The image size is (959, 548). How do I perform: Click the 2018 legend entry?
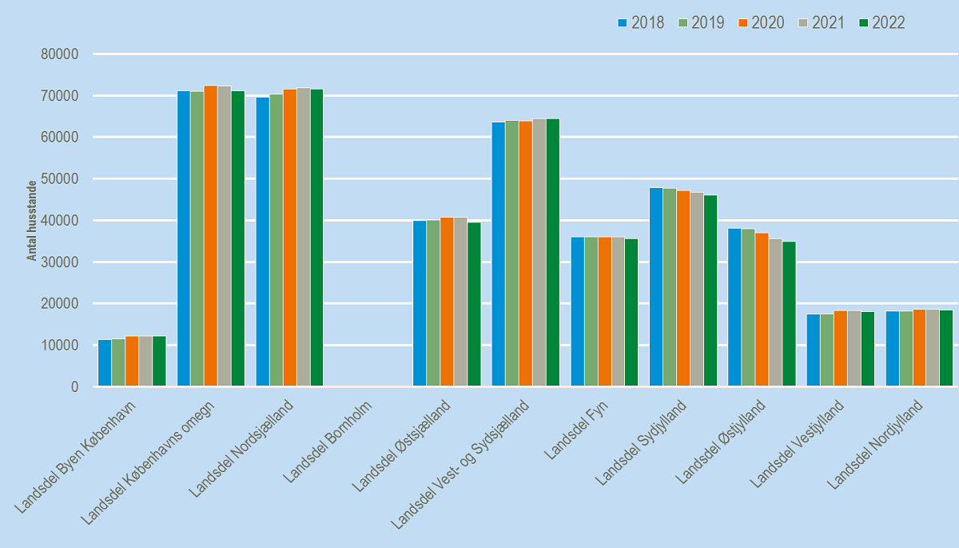[x=641, y=22]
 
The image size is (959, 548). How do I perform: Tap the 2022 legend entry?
[x=881, y=22]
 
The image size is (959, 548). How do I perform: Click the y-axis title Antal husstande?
[x=32, y=220]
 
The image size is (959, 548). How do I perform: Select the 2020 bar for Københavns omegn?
[x=210, y=236]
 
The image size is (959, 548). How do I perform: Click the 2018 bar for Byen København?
[x=105, y=363]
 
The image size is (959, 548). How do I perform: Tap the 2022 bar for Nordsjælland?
[x=316, y=238]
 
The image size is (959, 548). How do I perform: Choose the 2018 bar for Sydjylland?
[x=656, y=287]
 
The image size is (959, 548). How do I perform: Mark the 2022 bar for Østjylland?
[x=789, y=314]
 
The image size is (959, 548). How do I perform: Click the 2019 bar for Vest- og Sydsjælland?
[x=511, y=254]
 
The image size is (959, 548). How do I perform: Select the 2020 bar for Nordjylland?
[x=920, y=348]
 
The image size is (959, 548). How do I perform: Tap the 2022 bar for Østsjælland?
[x=473, y=305]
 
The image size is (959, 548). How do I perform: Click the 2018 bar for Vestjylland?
[x=814, y=350]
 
